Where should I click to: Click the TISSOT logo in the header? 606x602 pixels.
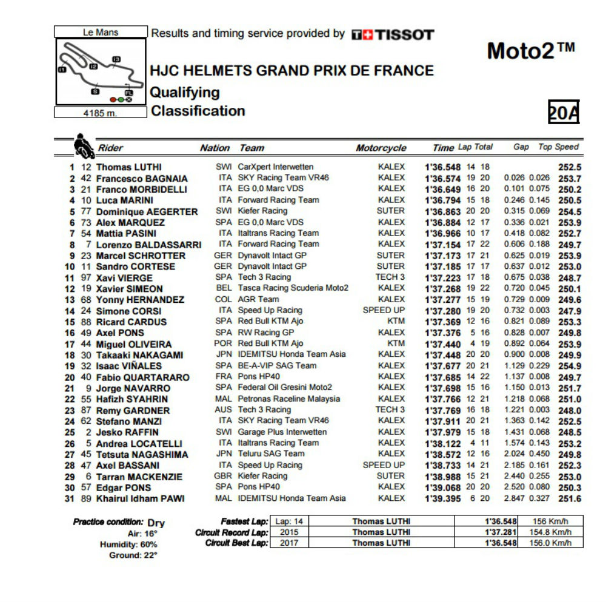tap(393, 35)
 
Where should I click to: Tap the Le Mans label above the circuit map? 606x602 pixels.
tap(101, 32)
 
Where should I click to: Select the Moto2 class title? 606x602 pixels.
tap(530, 51)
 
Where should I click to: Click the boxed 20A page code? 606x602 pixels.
tap(564, 112)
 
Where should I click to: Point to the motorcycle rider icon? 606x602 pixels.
tap(83, 145)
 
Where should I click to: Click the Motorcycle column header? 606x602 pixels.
tap(381, 148)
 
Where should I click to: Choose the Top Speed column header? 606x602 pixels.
tap(558, 147)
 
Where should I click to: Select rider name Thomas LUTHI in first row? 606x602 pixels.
tap(129, 167)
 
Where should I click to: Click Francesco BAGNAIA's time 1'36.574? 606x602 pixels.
tap(443, 179)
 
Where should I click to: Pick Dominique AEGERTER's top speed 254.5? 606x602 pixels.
tap(570, 212)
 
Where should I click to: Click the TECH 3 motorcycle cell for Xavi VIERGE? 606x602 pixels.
tap(390, 277)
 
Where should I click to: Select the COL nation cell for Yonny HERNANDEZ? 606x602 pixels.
tap(223, 299)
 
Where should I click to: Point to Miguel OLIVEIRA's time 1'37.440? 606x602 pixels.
tap(443, 344)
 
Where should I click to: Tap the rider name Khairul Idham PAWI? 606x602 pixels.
tap(140, 498)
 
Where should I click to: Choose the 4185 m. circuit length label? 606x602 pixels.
tap(100, 113)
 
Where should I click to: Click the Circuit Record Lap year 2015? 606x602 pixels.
tap(289, 532)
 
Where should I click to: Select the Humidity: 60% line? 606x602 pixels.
tap(128, 544)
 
